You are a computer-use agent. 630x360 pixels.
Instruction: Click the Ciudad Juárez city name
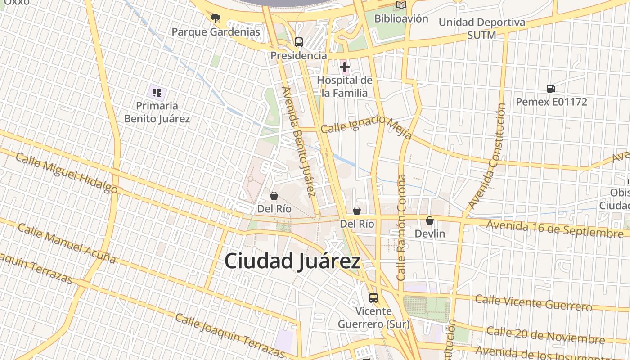coord(292,261)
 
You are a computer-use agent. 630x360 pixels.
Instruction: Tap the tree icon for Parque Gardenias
coord(216,18)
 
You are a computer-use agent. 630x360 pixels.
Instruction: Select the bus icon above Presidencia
coord(298,42)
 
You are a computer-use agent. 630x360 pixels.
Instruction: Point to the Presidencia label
coord(298,56)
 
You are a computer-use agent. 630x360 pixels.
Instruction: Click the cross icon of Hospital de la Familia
coord(345,67)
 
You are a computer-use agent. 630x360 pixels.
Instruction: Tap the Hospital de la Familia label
coord(345,86)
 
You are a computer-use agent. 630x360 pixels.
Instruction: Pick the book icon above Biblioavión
coord(401,5)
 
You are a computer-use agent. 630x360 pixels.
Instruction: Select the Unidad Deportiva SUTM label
coord(481,28)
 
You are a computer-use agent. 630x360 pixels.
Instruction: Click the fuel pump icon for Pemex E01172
coord(551,89)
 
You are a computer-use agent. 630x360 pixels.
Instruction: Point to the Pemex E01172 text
coord(551,102)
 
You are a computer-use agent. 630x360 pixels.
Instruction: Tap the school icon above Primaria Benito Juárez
coord(157,93)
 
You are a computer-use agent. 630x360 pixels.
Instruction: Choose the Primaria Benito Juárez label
coord(157,112)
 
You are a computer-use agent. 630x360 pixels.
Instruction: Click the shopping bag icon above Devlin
coord(430,220)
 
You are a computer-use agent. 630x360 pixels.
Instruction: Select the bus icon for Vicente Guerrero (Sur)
coord(373,297)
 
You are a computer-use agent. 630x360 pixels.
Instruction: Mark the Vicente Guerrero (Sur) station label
coord(373,317)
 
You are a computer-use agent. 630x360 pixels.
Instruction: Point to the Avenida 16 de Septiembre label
coord(554,229)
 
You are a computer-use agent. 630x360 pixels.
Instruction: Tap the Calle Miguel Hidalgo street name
coord(67,173)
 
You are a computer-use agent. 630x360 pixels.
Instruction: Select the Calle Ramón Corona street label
coord(401,227)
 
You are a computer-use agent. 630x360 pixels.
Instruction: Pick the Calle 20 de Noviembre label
coord(545,335)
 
